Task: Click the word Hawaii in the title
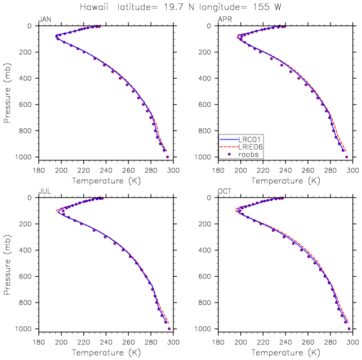[94, 7]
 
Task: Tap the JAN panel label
[45, 19]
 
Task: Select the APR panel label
[225, 19]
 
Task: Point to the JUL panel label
[45, 191]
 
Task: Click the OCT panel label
[225, 191]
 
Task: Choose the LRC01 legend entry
[240, 139]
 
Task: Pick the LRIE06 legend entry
[241, 147]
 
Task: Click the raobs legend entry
[243, 154]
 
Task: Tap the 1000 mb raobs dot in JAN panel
[167, 157]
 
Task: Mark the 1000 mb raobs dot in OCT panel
[349, 329]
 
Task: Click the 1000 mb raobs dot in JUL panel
[169, 329]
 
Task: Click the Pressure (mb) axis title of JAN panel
[7, 93]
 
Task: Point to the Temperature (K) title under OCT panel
[285, 353]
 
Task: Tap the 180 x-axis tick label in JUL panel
[39, 342]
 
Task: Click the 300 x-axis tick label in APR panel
[353, 170]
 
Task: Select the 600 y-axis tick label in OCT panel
[205, 276]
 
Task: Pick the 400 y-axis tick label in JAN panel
[25, 78]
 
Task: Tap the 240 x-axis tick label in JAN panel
[106, 170]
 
